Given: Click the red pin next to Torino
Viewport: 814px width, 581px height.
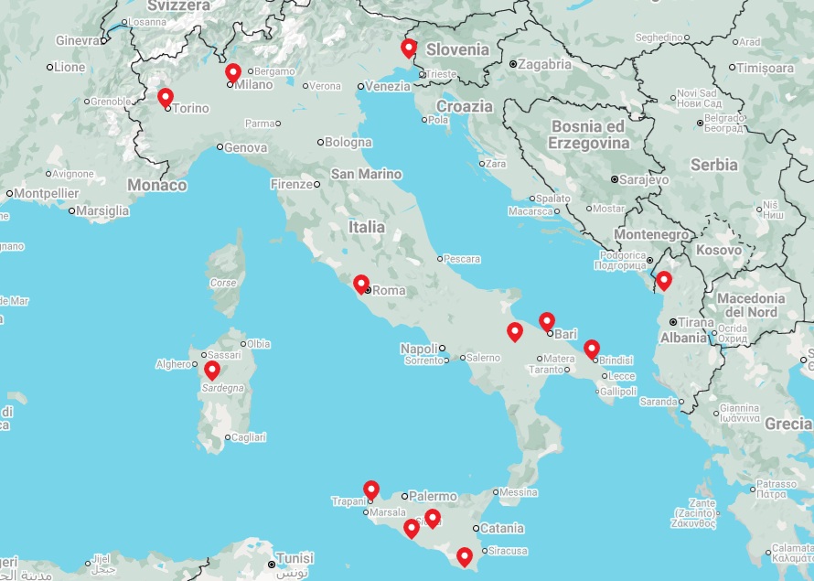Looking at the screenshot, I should coord(166,96).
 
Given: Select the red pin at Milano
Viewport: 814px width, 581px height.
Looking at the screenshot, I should coord(232,71).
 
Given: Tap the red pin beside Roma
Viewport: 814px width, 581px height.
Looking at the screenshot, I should coord(361,283).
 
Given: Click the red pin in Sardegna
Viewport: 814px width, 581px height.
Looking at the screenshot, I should coord(212,369).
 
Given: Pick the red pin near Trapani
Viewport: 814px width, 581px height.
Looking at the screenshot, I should coord(370,489).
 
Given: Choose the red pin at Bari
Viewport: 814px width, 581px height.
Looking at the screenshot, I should coord(547,320).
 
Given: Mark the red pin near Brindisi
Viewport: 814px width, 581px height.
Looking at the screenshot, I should coord(592,348).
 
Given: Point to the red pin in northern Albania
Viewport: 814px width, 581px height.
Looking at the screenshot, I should coord(664,279).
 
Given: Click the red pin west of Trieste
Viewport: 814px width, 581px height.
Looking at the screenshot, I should coord(409,47).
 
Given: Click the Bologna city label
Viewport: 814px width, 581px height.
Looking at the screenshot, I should coord(348,142).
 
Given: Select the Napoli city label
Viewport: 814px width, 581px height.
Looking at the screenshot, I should coord(419,349).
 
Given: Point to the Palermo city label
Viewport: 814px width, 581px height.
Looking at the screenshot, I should coord(433,496).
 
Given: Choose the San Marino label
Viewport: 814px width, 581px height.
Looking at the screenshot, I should coord(366,174).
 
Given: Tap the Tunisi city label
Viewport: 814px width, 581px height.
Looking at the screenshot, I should coord(295,558).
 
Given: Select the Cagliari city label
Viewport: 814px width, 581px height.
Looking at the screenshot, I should coord(248,437).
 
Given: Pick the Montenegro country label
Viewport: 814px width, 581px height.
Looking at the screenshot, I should coord(651,234).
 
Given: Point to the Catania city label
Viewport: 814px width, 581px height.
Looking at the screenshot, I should coord(502,528).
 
